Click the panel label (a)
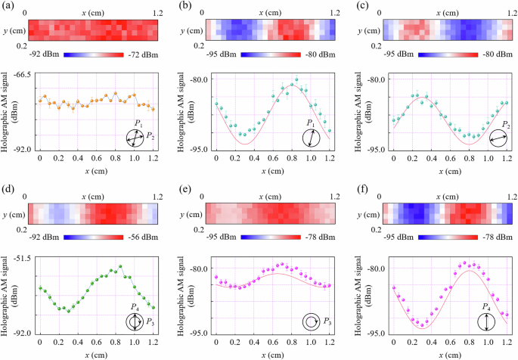pyautogui.click(x=10, y=5)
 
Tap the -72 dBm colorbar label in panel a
pyautogui.click(x=142, y=55)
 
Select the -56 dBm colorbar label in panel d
pyautogui.click(x=142, y=237)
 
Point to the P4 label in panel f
pyautogui.click(x=488, y=306)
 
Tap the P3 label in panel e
pyautogui.click(x=327, y=322)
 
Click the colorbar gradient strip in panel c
pyautogui.click(x=439, y=55)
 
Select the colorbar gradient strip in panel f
pyautogui.click(x=439, y=237)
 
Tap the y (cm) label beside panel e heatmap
pyautogui.click(x=195, y=209)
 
